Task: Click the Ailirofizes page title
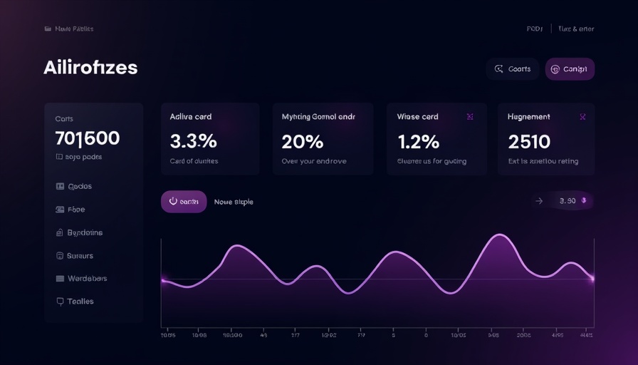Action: point(90,68)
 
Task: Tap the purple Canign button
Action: point(570,69)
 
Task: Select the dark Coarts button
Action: point(513,69)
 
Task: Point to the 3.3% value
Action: point(194,141)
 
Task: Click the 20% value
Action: point(303,141)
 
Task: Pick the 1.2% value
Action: point(418,141)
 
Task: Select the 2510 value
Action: point(529,141)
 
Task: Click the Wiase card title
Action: point(417,116)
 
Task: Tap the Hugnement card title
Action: point(528,116)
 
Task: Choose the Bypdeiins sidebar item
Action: point(84,232)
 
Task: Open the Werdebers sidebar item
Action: point(86,278)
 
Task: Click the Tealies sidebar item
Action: point(80,302)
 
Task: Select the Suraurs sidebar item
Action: point(80,255)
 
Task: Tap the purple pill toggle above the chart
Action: point(184,202)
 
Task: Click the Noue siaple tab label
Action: point(234,202)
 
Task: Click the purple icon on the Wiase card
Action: point(470,116)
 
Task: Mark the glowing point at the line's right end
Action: point(592,279)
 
